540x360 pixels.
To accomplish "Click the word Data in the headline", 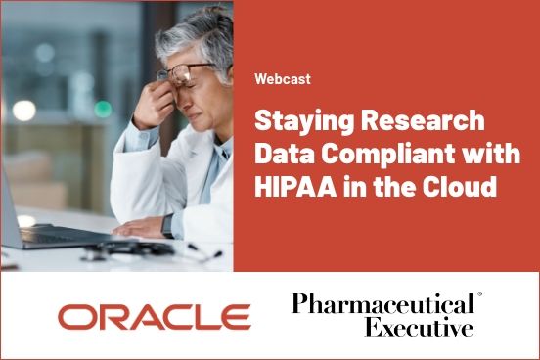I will point(284,155).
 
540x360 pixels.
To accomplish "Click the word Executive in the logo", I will point(419,328).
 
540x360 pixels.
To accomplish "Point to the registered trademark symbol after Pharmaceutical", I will point(479,294).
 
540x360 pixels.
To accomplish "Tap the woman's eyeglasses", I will point(186,73).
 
